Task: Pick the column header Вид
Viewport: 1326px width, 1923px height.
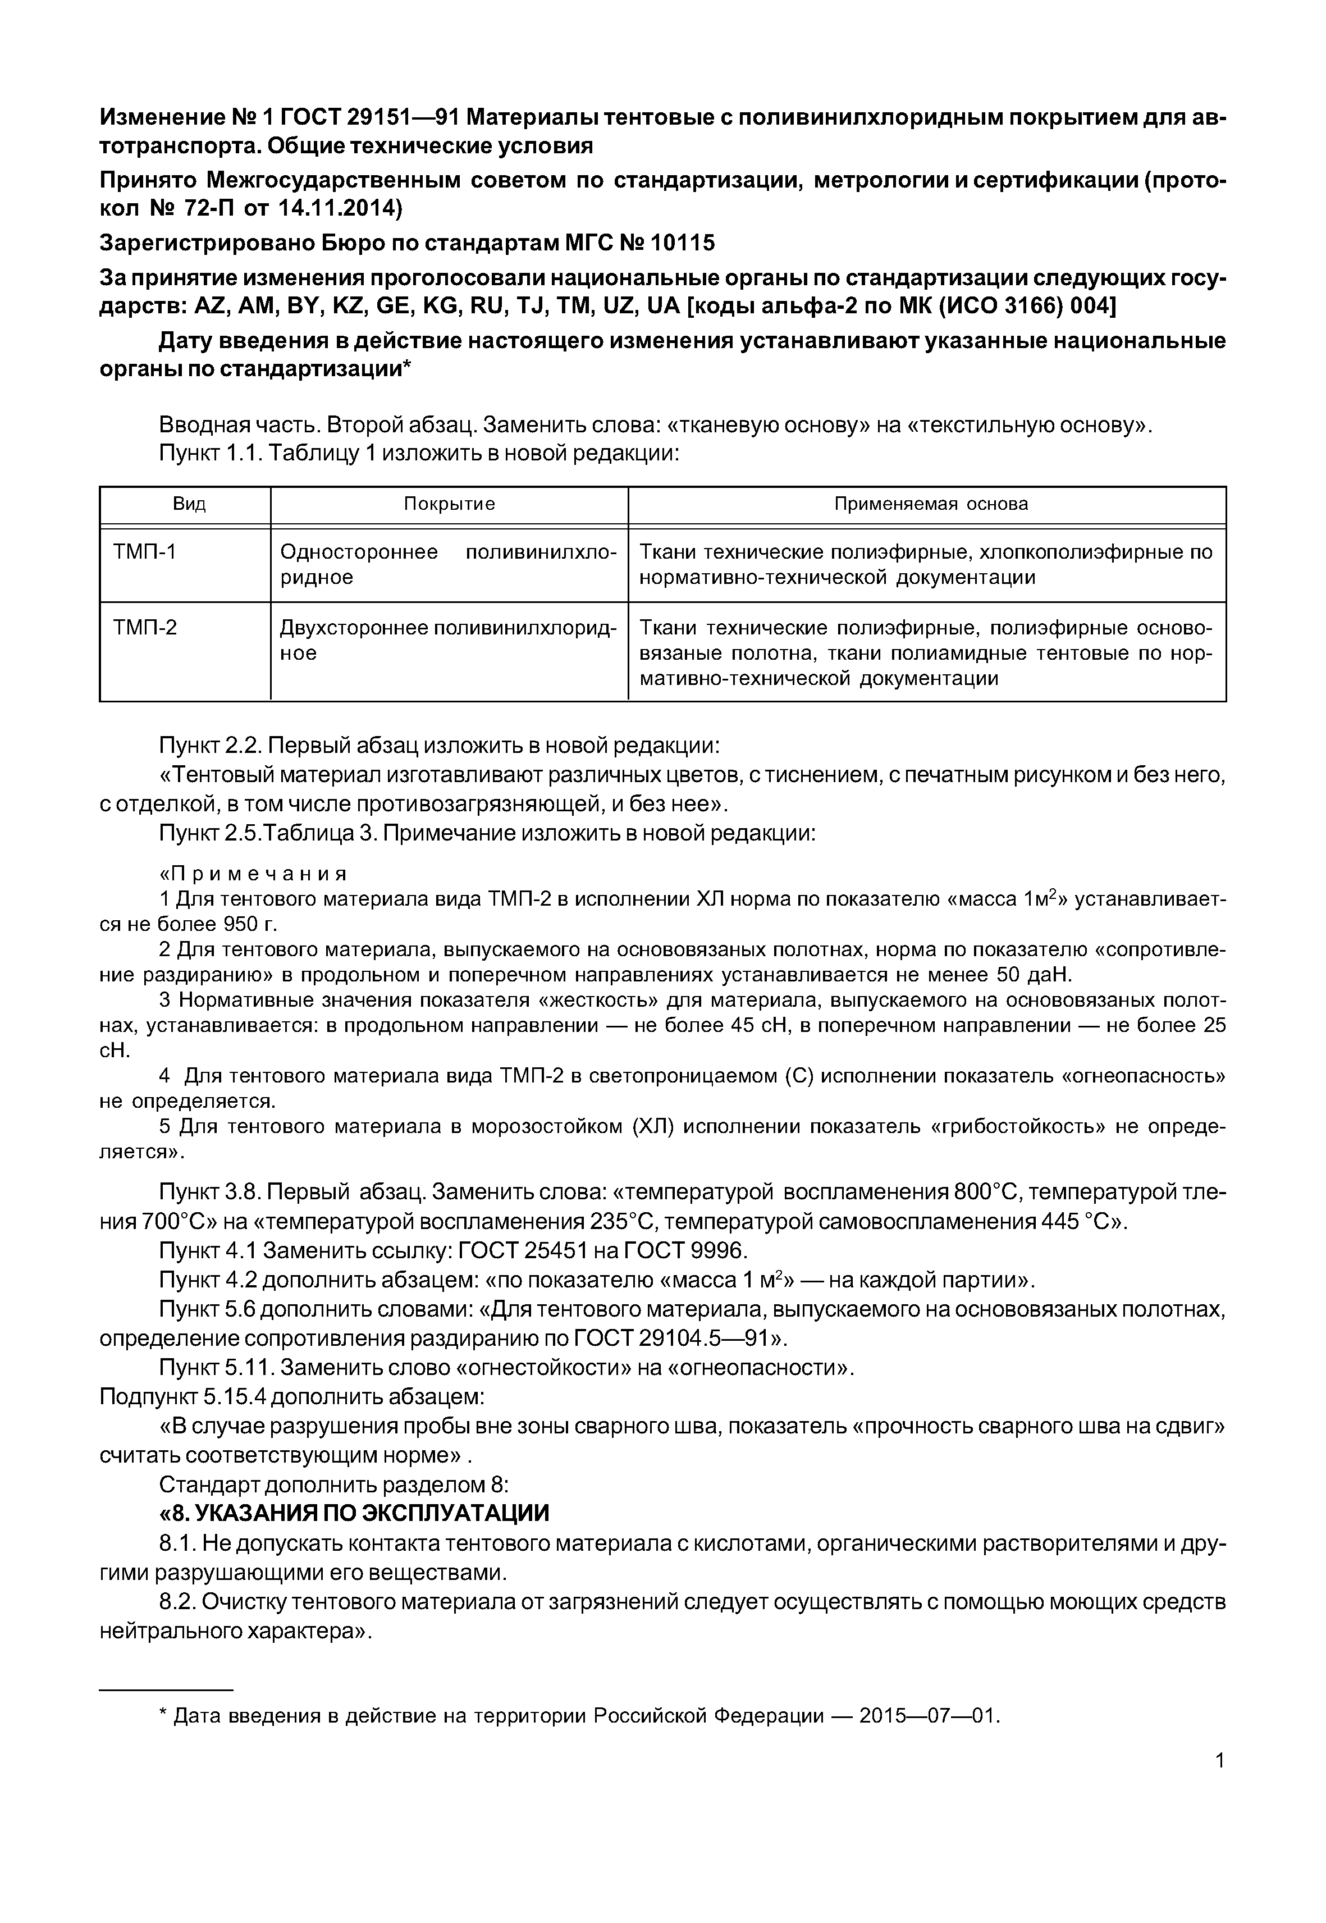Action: click(x=189, y=504)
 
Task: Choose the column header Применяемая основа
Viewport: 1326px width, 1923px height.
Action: click(x=931, y=504)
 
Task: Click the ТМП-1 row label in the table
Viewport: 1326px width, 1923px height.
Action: click(x=145, y=552)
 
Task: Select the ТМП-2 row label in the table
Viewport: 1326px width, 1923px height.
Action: click(x=145, y=627)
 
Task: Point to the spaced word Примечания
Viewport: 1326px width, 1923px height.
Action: click(x=253, y=874)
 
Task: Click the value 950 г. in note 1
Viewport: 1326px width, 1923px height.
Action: click(x=249, y=924)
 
